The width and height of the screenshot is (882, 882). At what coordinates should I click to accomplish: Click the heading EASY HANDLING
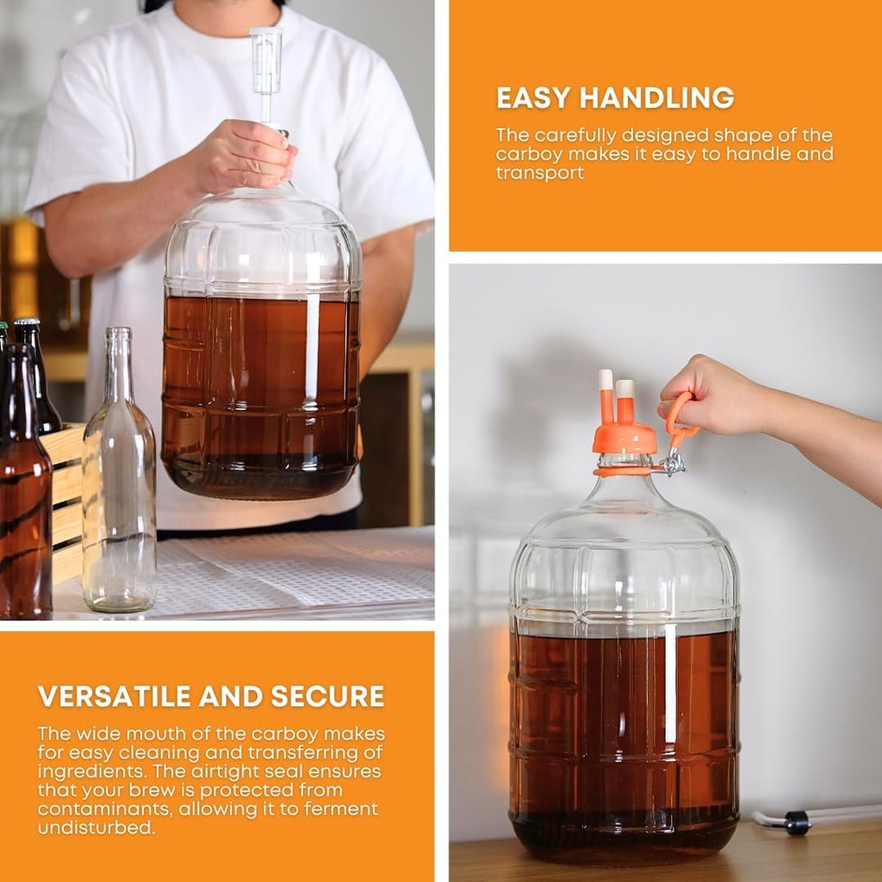coord(615,98)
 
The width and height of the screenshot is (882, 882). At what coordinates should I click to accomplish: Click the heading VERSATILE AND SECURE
coord(211,696)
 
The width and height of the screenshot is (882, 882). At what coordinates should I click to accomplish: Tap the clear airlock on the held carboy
coord(266,65)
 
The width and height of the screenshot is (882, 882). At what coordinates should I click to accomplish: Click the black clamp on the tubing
coord(798,823)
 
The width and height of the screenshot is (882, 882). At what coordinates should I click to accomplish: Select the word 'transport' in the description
coord(539,173)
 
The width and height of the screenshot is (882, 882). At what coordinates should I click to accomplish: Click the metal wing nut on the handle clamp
coord(673,464)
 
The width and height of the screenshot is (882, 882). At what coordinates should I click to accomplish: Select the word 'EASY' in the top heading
coord(534,98)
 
